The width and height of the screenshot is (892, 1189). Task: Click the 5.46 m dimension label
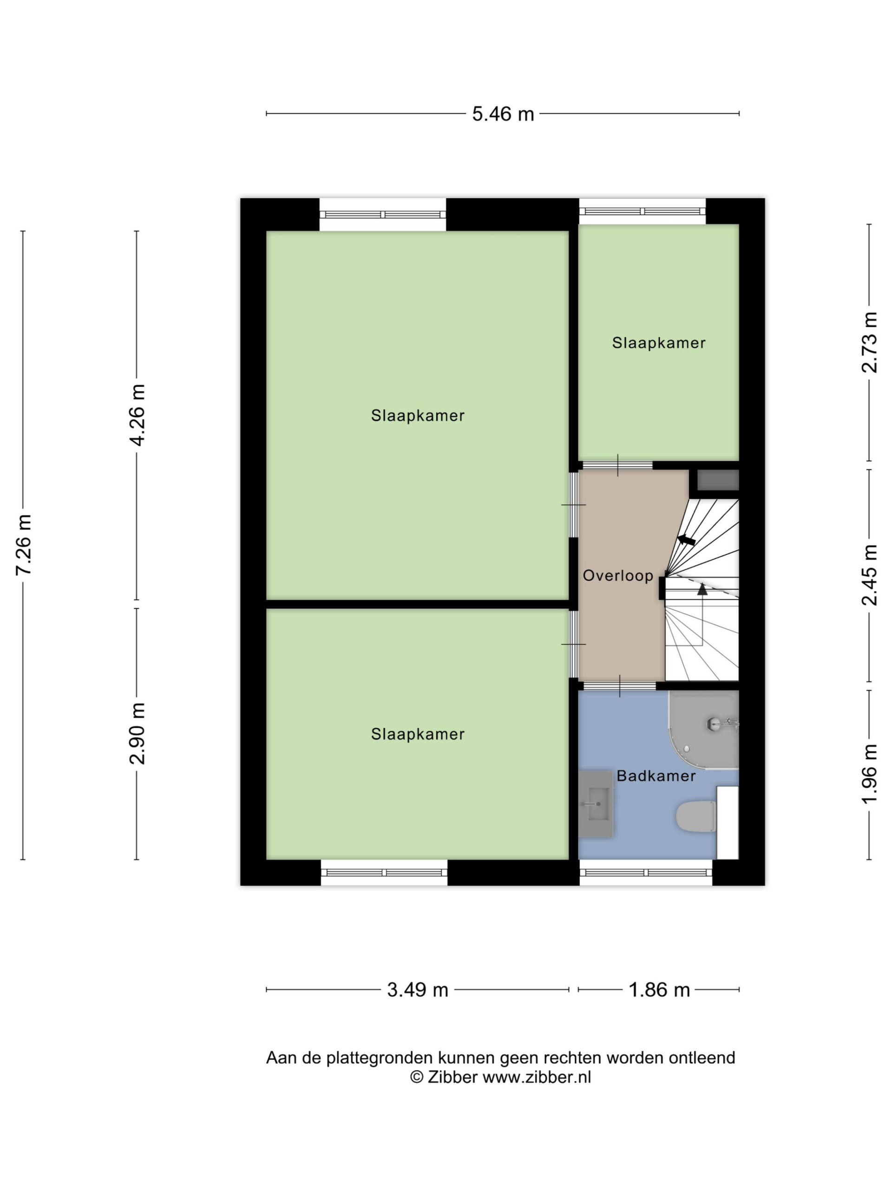click(x=503, y=114)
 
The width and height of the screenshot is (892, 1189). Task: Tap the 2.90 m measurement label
click(x=138, y=733)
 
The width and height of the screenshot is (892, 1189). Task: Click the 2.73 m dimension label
click(x=869, y=342)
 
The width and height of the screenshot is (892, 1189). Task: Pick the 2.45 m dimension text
click(x=869, y=575)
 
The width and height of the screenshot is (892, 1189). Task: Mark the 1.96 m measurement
click(x=869, y=775)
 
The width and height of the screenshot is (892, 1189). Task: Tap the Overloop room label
click(x=618, y=575)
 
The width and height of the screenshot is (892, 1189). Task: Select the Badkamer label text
click(x=656, y=776)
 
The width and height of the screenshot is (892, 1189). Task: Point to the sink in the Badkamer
click(x=596, y=804)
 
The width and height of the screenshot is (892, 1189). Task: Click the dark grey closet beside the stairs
click(x=718, y=479)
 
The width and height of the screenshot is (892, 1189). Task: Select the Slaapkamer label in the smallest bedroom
click(x=659, y=343)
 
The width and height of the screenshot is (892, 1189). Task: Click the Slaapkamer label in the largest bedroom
click(x=418, y=416)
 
